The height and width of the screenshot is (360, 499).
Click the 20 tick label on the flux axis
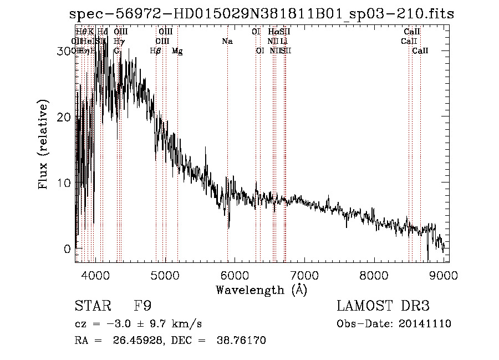[64, 117]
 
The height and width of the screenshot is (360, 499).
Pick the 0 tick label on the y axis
[68, 249]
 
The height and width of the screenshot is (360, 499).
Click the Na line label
[227, 41]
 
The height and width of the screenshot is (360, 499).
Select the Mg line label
[177, 51]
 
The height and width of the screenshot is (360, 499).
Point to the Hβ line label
[156, 51]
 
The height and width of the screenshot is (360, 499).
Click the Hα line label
[273, 32]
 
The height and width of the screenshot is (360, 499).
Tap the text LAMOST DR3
[383, 306]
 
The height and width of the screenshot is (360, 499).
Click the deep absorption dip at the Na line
[228, 225]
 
